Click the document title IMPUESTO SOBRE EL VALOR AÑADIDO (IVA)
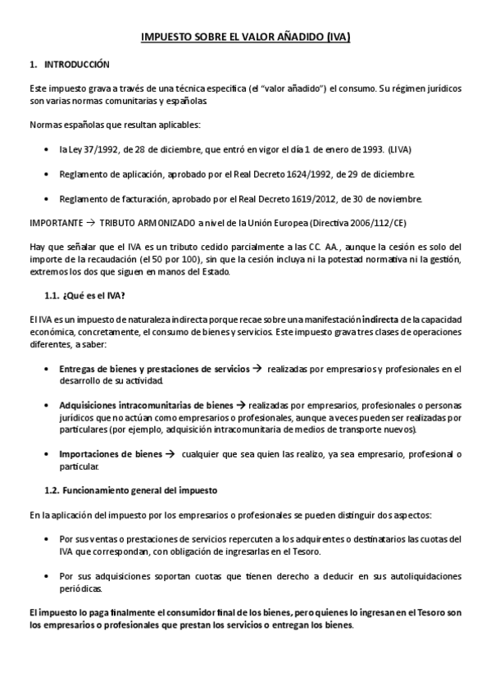pyautogui.click(x=245, y=38)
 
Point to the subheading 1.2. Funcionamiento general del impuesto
pyautogui.click(x=130, y=491)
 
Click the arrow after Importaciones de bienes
pyautogui.click(x=170, y=454)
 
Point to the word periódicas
pyautogui.click(x=81, y=588)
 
